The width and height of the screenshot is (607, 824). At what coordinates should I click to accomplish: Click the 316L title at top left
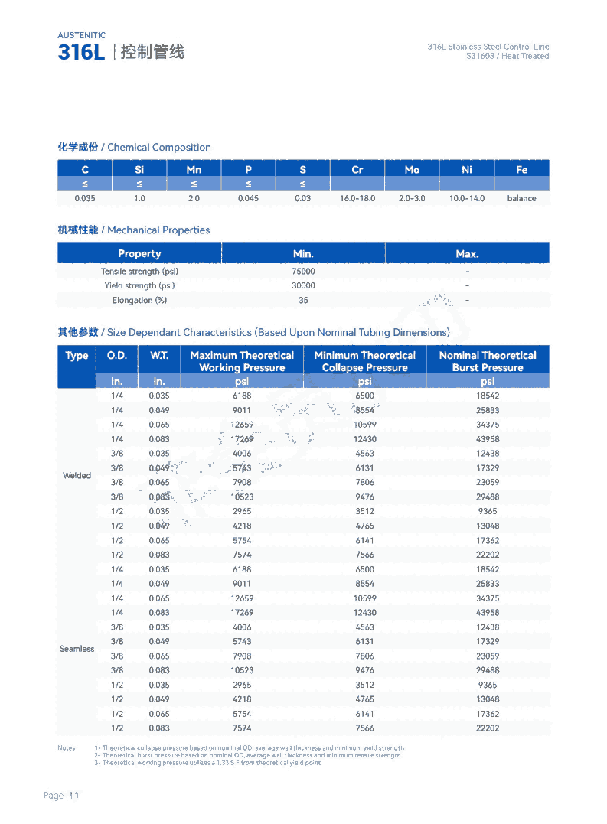point(81,53)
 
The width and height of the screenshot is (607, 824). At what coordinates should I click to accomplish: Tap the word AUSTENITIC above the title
point(81,35)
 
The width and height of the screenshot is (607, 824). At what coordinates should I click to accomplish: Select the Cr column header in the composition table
point(357,170)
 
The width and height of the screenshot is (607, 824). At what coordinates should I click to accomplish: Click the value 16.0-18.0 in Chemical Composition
point(357,198)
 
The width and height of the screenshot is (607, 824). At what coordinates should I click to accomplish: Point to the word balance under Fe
point(521,198)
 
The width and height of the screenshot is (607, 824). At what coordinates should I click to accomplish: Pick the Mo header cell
point(412,170)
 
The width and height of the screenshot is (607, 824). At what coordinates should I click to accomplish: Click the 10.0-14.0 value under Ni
point(466,198)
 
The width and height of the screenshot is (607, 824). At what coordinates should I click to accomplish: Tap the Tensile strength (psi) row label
point(139,272)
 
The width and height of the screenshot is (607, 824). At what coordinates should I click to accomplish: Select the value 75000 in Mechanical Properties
point(303,272)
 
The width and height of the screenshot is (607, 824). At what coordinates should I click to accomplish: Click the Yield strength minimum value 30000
point(303,286)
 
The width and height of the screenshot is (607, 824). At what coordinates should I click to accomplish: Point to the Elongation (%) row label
point(139,301)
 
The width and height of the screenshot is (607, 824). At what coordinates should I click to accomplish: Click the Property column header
point(139,254)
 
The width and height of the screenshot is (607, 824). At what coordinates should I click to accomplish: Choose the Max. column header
point(467,254)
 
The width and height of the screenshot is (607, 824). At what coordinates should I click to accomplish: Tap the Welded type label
point(77,476)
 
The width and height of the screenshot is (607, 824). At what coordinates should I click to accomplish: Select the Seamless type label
point(77,649)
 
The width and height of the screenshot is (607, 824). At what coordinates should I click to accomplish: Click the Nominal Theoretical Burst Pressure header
point(488,361)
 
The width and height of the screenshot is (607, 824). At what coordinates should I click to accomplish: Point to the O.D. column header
point(117,356)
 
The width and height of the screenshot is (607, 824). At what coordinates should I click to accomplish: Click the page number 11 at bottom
point(74,796)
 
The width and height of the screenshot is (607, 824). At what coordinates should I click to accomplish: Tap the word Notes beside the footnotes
point(67,747)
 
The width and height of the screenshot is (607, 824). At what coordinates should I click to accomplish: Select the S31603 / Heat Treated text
point(507,57)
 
